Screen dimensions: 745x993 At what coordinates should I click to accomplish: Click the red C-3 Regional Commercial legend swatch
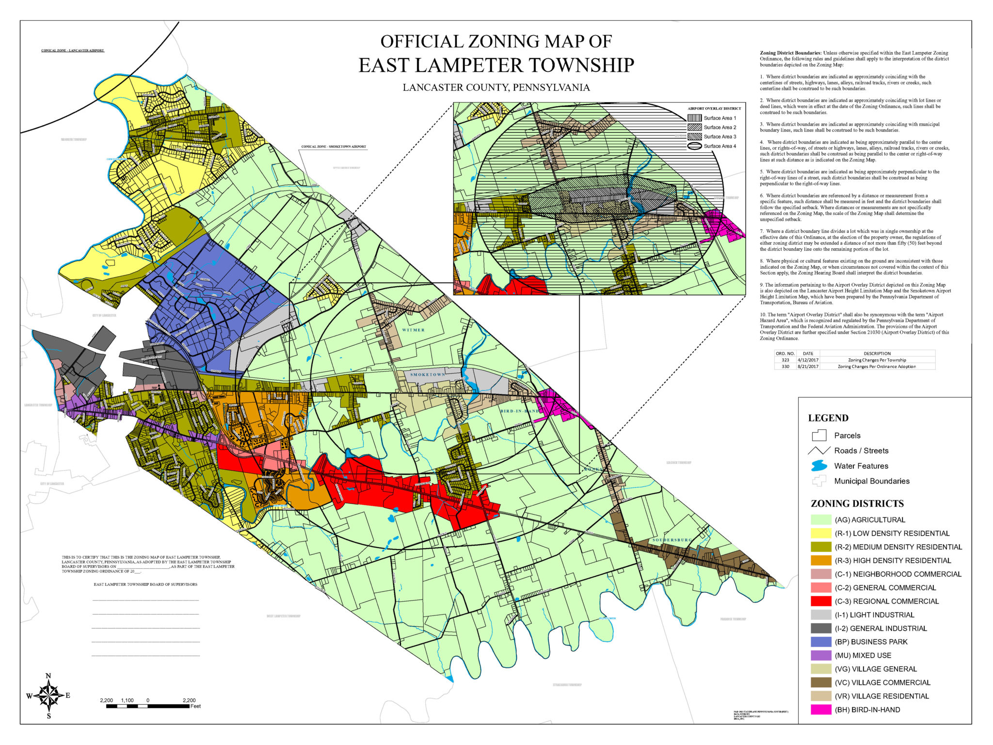(x=820, y=601)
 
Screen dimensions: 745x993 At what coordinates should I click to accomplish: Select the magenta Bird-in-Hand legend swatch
(x=820, y=710)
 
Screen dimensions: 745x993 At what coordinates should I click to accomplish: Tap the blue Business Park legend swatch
(x=820, y=642)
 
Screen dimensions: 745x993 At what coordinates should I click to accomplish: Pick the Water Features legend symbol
(x=819, y=466)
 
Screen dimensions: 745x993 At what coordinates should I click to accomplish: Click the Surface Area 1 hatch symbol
(x=695, y=118)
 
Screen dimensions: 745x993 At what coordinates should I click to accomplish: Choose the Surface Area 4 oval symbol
(x=695, y=146)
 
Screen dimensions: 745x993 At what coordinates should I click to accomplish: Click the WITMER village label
(x=413, y=330)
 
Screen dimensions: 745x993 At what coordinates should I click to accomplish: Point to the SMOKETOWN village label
(x=427, y=374)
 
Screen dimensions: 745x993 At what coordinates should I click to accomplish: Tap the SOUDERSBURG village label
(x=672, y=540)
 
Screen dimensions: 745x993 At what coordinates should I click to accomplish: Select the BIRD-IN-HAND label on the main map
(x=519, y=411)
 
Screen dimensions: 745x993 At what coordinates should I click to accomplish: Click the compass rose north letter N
(x=48, y=676)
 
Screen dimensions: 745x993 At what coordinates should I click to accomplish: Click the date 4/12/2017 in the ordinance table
(x=808, y=360)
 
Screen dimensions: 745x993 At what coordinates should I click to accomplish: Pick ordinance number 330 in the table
(x=785, y=367)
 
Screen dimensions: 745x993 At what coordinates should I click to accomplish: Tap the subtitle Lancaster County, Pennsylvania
(x=496, y=88)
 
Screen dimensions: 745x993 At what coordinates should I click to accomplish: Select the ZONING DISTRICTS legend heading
(x=857, y=503)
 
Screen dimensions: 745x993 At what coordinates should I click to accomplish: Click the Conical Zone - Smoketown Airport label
(x=334, y=146)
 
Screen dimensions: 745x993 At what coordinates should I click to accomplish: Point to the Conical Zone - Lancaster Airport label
(x=72, y=50)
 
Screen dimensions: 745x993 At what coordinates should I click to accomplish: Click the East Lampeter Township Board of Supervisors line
(x=145, y=584)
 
